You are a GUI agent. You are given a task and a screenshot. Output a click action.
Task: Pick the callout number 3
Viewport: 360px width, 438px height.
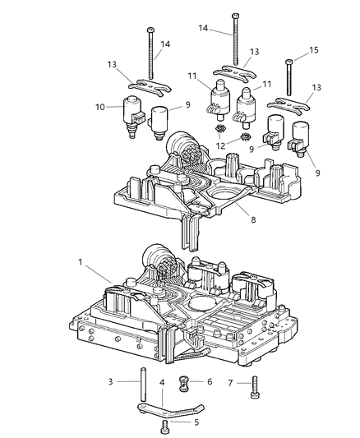111,381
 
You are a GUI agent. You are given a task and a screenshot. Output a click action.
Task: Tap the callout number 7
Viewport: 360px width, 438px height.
231,381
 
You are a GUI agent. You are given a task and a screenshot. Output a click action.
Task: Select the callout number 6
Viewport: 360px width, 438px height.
209,381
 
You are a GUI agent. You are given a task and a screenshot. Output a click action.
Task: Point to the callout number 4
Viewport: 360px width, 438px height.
161,381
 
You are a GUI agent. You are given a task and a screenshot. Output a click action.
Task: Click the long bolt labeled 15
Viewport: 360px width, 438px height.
290,79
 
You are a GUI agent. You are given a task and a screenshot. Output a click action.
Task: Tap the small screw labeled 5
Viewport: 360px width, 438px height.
165,425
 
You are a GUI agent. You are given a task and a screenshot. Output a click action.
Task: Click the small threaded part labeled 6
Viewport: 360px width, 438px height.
185,383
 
